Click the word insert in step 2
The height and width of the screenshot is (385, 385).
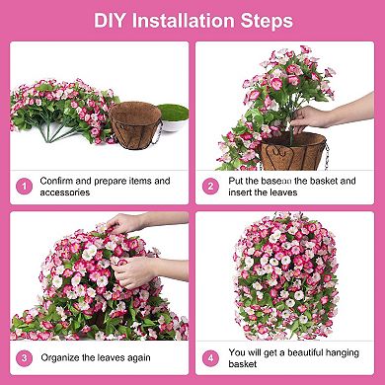click(243, 192)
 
